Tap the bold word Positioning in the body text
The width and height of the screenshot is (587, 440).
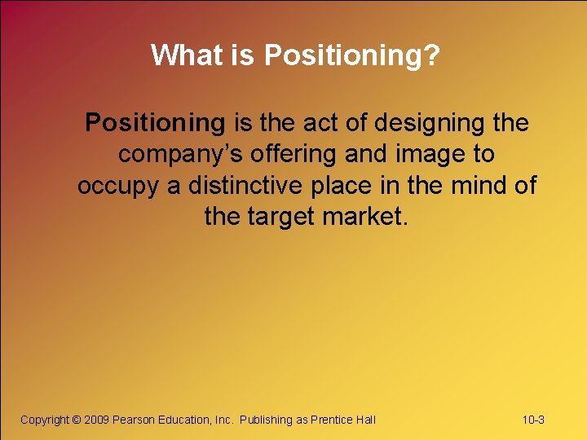tap(155, 123)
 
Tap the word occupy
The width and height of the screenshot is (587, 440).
tap(118, 186)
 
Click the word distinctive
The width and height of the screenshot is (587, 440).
tap(250, 185)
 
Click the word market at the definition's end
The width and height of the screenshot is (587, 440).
tap(364, 216)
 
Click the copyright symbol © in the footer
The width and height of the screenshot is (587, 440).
tap(77, 420)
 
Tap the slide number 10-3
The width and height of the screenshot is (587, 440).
tap(533, 420)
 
